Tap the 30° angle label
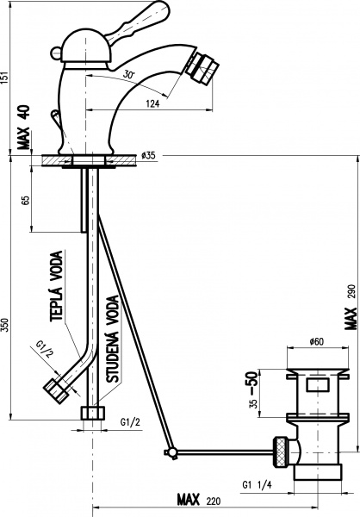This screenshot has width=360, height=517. coord(129,74)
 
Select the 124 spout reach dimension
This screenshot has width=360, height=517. coord(152,103)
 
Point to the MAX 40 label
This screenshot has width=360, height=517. coord(24,128)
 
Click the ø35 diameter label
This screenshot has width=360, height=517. coord(148,155)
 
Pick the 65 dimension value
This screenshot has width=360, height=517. coord(26,200)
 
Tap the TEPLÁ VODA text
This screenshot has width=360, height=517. coord(56,286)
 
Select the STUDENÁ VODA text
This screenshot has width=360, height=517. coord(113,339)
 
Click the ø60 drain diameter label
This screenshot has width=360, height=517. coord(316,341)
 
